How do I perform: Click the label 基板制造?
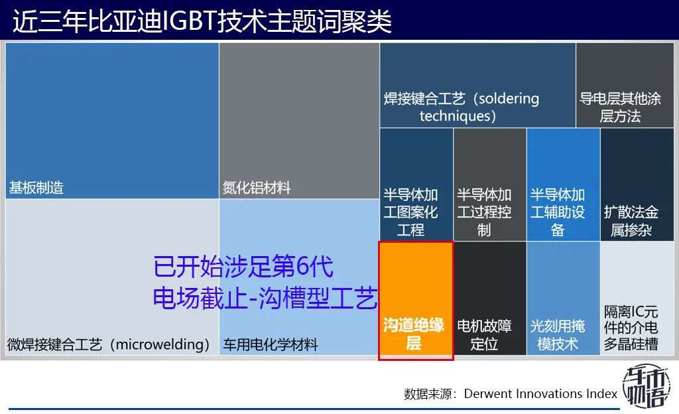[36, 188]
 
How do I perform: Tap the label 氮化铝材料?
[257, 188]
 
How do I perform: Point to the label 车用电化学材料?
[271, 344]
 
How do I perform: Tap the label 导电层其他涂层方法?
[620, 107]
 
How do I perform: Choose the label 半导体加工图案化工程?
[410, 212]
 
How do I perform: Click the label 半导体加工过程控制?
[484, 212]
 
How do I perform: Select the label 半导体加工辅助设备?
[558, 212]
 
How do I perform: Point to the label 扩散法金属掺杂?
[631, 221]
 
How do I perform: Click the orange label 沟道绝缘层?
[414, 334]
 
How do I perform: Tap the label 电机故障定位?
[484, 335]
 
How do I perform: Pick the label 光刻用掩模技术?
[558, 335]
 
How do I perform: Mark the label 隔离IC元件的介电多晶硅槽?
[631, 328]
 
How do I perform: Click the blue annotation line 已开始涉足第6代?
[243, 266]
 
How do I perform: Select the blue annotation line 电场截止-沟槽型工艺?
[265, 298]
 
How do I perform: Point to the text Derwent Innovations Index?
[540, 393]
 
